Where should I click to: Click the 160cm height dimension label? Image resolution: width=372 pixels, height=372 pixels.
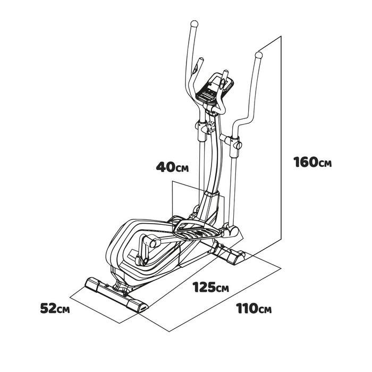click(x=312, y=162)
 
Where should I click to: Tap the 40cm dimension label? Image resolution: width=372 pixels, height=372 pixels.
click(x=173, y=167)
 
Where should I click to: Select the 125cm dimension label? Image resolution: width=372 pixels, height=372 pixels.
click(x=210, y=287)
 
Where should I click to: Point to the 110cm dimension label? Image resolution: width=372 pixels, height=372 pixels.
click(x=253, y=308)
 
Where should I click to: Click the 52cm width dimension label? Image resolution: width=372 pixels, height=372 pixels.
click(x=55, y=308)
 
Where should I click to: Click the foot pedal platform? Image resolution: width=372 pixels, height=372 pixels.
click(x=198, y=230)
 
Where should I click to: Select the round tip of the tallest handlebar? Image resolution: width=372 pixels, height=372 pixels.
click(x=195, y=24)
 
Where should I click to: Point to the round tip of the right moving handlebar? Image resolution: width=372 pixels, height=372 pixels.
click(x=259, y=55)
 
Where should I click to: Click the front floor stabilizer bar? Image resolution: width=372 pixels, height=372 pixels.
click(x=116, y=295)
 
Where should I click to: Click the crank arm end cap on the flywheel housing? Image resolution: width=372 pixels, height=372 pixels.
click(x=153, y=243)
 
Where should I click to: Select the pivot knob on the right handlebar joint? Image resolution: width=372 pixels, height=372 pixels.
click(x=239, y=145)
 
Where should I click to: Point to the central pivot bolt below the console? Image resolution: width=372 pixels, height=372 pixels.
click(x=210, y=125)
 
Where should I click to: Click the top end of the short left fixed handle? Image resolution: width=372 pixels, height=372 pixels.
click(x=201, y=59)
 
